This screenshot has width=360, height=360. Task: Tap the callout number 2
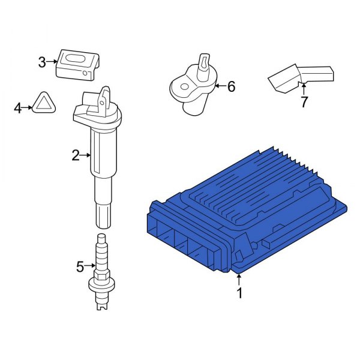[75, 156]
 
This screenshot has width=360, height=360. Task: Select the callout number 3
[42, 61]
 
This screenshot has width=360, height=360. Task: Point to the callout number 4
[18, 108]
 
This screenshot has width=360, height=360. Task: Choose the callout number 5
[80, 266]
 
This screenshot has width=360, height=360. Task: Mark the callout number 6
[231, 87]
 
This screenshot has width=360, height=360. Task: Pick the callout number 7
[304, 103]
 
